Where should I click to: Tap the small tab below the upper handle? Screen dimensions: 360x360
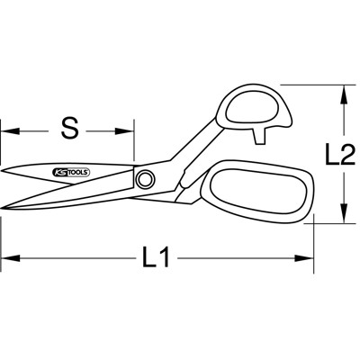click(263, 134)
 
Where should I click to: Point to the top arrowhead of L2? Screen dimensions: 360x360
click(344, 90)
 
